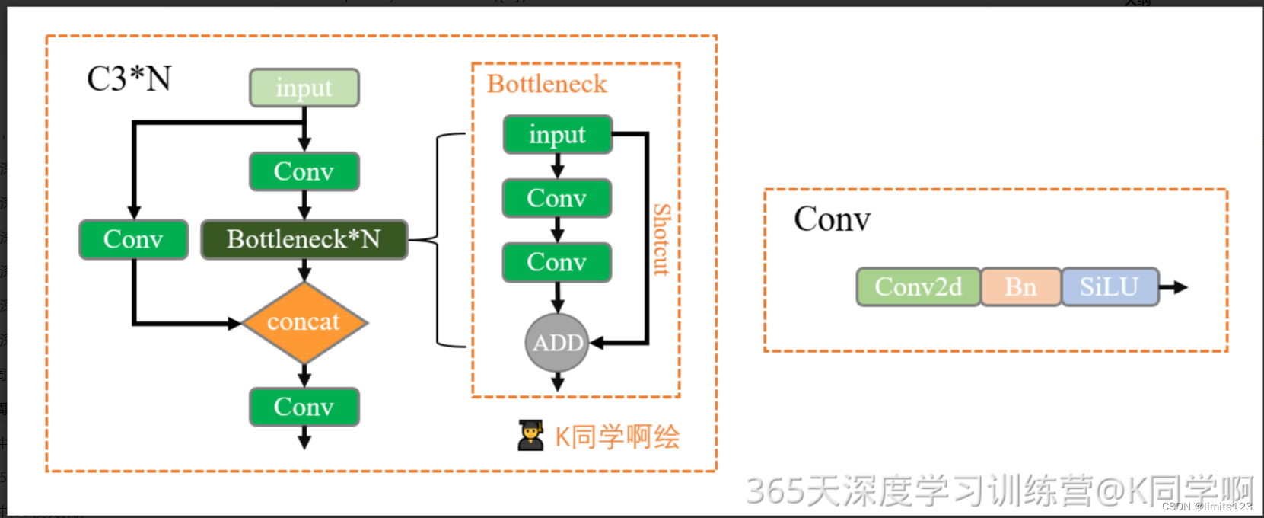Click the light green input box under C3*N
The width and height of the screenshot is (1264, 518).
tap(304, 88)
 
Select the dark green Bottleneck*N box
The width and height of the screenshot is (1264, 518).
tap(304, 239)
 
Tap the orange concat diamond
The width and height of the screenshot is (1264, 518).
tap(304, 322)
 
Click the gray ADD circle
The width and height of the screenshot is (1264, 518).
tap(557, 343)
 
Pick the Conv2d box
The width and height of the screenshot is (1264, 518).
tap(919, 287)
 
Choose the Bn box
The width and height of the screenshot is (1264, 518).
tap(1020, 287)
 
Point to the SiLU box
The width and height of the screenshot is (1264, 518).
tap(1110, 287)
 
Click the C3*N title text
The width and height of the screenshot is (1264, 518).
tap(129, 78)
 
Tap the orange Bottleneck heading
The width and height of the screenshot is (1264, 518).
tap(546, 84)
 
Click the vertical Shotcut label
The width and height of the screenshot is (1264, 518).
tap(661, 239)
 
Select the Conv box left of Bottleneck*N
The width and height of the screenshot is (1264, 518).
tap(133, 239)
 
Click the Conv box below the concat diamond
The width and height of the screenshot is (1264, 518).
tap(304, 407)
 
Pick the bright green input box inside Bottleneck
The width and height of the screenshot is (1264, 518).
tap(557, 135)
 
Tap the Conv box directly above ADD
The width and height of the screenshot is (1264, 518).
tap(557, 262)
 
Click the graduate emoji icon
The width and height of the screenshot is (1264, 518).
tap(530, 436)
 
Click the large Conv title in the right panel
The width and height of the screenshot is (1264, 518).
tap(832, 219)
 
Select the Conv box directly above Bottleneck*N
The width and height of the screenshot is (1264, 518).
tap(304, 171)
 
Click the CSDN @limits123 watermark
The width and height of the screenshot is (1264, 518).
tap(1206, 507)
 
